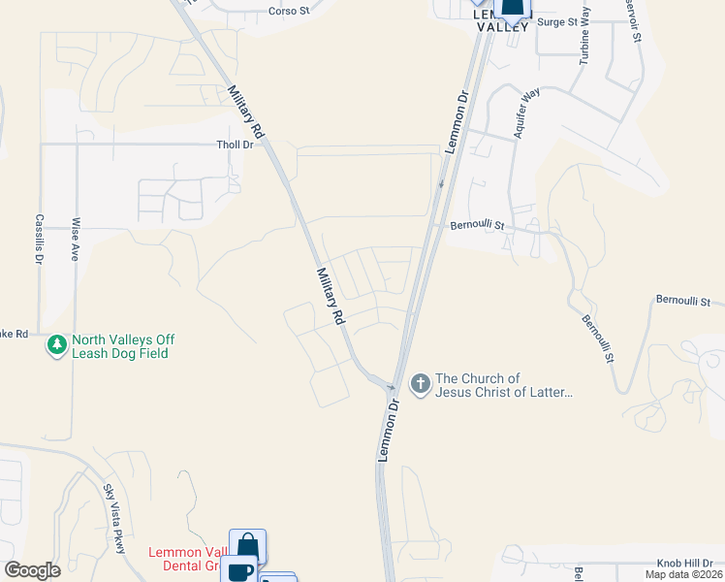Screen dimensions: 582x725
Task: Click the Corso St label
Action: (288, 12)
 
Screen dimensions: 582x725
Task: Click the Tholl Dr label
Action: (234, 145)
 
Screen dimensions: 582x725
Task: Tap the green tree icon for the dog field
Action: (57, 344)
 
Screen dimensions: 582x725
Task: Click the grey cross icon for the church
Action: (421, 385)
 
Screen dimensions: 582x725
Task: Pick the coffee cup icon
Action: (238, 571)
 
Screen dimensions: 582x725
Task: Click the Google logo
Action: (32, 570)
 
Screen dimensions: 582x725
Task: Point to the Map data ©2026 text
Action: (682, 574)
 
